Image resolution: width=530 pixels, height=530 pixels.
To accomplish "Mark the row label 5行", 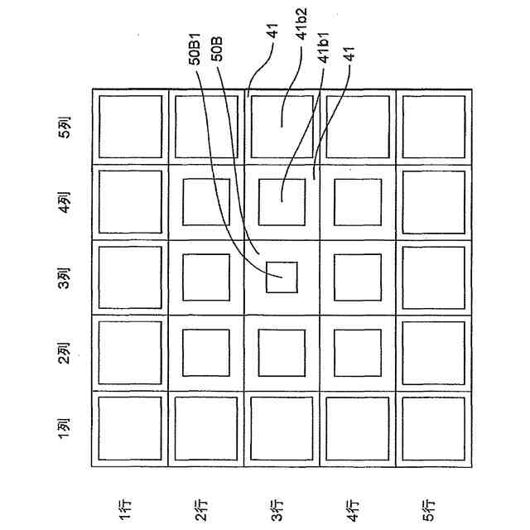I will pos(431,510).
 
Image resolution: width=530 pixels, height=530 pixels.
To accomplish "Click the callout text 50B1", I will pos(196,48).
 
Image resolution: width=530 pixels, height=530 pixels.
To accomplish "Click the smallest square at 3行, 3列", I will pos(281,277).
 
